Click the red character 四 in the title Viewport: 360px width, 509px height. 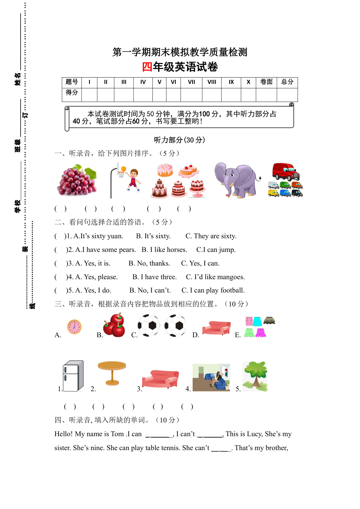point(147,67)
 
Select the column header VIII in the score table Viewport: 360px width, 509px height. point(212,82)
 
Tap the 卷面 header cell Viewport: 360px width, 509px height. point(266,82)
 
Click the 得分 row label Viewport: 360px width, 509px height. point(72,93)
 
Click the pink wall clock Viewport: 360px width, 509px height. point(74,327)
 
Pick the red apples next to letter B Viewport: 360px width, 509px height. point(115,325)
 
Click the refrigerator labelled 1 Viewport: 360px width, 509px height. point(73,376)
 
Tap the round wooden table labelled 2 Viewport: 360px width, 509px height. point(112,373)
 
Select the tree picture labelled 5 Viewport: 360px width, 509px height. point(255,376)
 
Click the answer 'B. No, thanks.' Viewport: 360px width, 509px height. point(149,263)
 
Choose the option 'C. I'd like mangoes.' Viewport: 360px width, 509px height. point(215,277)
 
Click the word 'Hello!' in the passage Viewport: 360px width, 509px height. point(64,434)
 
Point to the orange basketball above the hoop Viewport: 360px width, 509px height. point(124,169)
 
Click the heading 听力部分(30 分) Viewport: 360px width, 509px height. point(180,140)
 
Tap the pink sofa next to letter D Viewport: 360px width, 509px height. point(216,328)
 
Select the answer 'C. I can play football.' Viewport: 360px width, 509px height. point(213,290)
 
